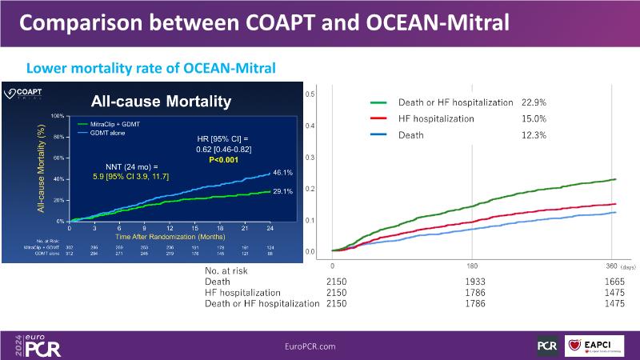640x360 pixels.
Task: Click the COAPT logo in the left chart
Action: (x=25, y=93)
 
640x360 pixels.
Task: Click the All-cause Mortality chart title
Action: (x=162, y=101)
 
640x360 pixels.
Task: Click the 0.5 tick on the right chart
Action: (x=311, y=94)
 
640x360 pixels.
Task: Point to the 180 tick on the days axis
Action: (x=471, y=264)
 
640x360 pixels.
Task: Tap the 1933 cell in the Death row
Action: (x=471, y=281)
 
